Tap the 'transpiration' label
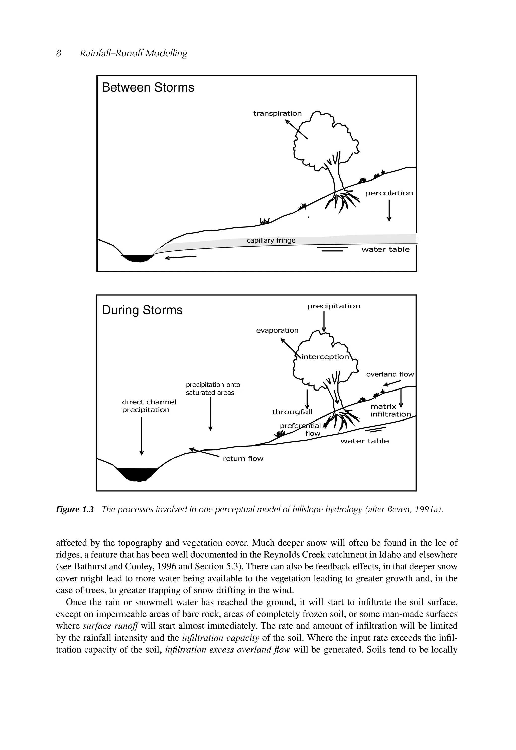[277, 113]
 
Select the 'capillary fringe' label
[271, 240]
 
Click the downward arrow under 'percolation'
[389, 211]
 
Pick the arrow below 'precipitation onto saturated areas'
[210, 414]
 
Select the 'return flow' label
[243, 459]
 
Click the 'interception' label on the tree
[325, 357]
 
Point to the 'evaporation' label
[277, 330]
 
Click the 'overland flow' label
[390, 374]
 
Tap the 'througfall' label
[292, 412]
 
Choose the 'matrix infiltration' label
[390, 410]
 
